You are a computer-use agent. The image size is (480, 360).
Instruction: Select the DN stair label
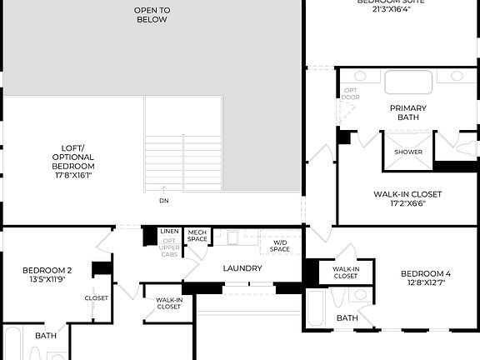(163, 200)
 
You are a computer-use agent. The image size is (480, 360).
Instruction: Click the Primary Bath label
(408, 112)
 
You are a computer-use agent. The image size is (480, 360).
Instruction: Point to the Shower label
(408, 152)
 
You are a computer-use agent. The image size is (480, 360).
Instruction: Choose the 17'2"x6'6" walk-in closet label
(407, 198)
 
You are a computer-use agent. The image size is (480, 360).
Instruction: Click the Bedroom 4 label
(425, 278)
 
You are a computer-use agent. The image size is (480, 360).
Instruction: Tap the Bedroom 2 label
(47, 274)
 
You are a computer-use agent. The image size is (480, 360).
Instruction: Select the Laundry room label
(243, 268)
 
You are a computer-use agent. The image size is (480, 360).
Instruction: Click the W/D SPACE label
(280, 246)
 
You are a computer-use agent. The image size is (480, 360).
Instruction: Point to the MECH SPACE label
(197, 237)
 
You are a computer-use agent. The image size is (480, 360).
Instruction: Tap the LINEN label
(169, 231)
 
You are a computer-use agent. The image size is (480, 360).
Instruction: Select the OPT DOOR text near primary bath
(351, 93)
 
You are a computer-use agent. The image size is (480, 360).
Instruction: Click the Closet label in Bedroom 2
(96, 297)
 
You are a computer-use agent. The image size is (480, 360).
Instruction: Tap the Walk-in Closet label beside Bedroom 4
(346, 272)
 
